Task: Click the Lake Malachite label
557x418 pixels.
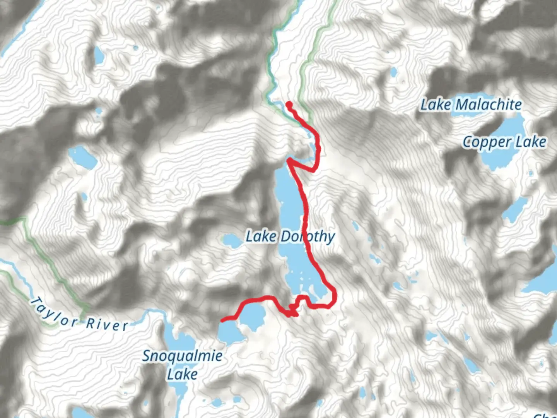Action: click(x=471, y=105)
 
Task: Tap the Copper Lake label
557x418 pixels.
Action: click(x=504, y=142)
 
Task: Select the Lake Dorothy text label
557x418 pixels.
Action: click(x=290, y=236)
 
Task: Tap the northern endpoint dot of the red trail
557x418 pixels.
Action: click(x=289, y=104)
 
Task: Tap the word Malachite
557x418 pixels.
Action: click(x=489, y=105)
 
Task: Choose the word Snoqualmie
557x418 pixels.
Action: click(x=182, y=356)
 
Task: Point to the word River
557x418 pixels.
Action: click(x=107, y=324)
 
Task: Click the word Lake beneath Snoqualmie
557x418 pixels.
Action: click(x=182, y=375)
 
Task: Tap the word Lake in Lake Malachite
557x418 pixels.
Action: click(x=436, y=105)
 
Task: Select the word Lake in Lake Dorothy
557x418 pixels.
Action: click(x=261, y=236)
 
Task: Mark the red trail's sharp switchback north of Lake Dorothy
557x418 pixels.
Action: click(x=289, y=160)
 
